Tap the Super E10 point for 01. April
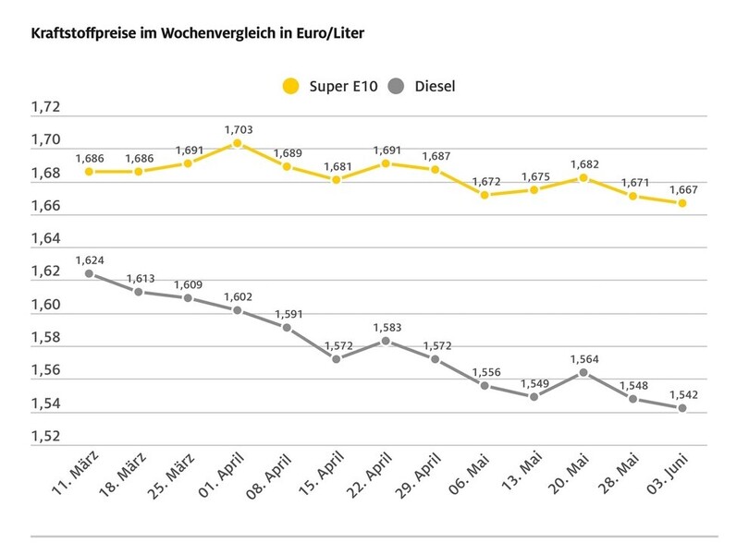[238, 143]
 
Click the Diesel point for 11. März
[89, 273]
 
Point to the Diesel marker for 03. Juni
[682, 408]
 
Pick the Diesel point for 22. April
[386, 341]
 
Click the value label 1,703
[238, 129]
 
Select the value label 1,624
[89, 259]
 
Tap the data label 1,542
[682, 393]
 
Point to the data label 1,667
[682, 188]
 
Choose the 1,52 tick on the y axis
[45, 437]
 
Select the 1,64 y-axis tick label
[45, 239]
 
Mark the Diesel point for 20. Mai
[583, 372]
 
